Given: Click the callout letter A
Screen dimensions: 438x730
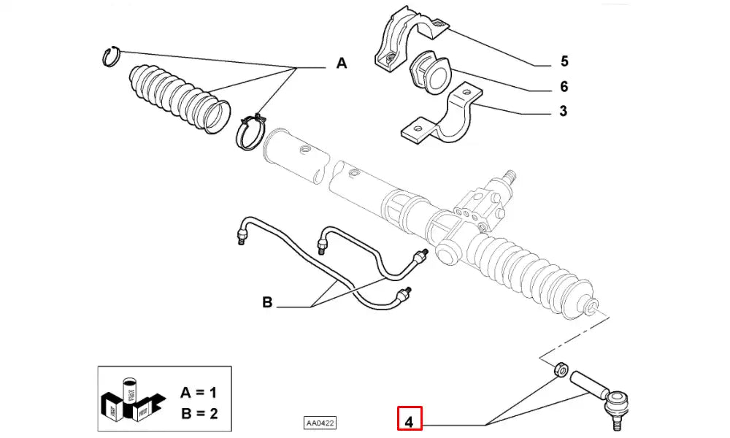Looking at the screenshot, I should tap(341, 64).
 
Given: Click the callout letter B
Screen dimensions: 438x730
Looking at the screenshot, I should tap(267, 302).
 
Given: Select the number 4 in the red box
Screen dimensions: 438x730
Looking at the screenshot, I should tap(409, 421).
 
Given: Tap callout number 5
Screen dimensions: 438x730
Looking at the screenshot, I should tap(564, 61).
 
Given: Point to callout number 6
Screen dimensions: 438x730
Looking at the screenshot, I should tap(564, 87).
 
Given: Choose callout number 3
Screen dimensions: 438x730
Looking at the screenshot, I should tap(564, 112).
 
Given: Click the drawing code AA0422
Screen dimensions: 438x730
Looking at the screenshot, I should tap(321, 423).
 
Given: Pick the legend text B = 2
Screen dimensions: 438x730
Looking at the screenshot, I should tap(198, 414).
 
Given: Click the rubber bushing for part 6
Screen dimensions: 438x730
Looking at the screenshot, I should tap(431, 73).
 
